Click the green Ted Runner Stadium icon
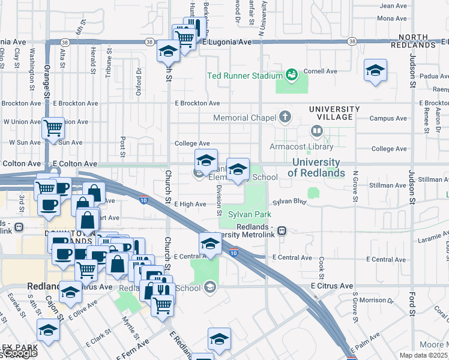[x=292, y=75]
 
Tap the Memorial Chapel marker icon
[x=285, y=117]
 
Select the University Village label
[x=334, y=109]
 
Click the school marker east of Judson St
[x=375, y=72]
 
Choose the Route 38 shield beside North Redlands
[x=352, y=41]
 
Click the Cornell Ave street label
[x=321, y=71]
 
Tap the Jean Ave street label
[x=394, y=5]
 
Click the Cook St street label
[x=322, y=263]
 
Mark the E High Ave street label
[x=190, y=205]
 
